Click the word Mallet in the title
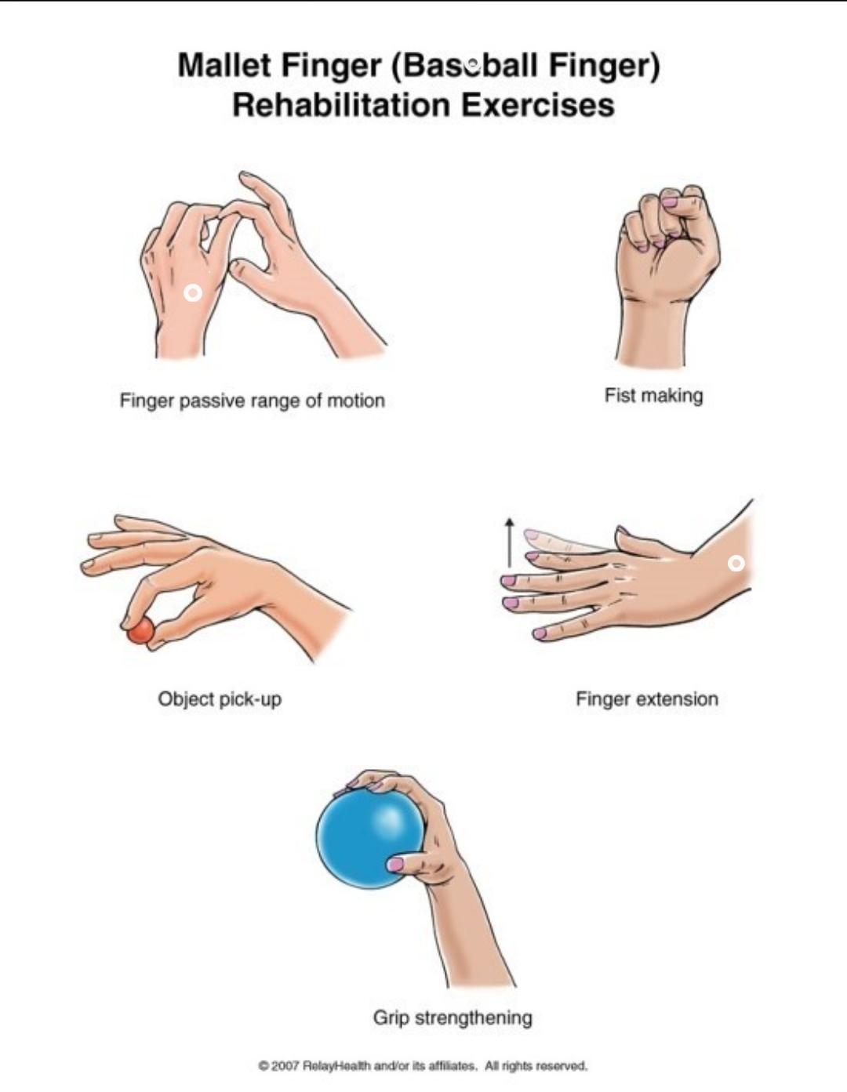(225, 66)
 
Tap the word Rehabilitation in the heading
(341, 105)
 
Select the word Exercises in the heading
(537, 105)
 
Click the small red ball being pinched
(140, 631)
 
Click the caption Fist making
(653, 396)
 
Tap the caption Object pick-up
(220, 699)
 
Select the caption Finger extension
(647, 699)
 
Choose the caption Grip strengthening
(453, 1018)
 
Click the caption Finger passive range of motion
(253, 401)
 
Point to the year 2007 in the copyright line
(285, 1064)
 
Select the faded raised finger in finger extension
(563, 541)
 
